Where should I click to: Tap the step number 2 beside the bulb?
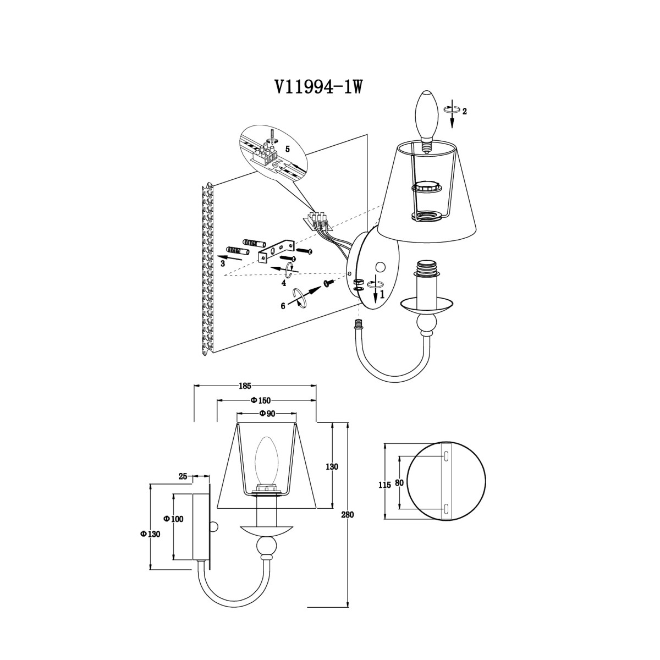tap(464, 111)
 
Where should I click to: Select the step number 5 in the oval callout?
tap(287, 149)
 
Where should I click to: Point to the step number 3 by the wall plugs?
tap(223, 264)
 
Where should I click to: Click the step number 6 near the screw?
tap(283, 306)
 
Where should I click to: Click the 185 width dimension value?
tap(245, 386)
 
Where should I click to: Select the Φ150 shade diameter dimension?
tap(260, 400)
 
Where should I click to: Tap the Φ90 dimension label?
tap(267, 414)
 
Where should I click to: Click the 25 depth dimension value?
tap(183, 476)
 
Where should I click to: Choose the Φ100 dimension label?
tap(174, 519)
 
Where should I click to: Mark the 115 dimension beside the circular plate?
tap(384, 485)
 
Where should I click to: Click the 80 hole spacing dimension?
tap(399, 482)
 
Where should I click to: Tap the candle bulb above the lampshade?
tap(427, 122)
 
